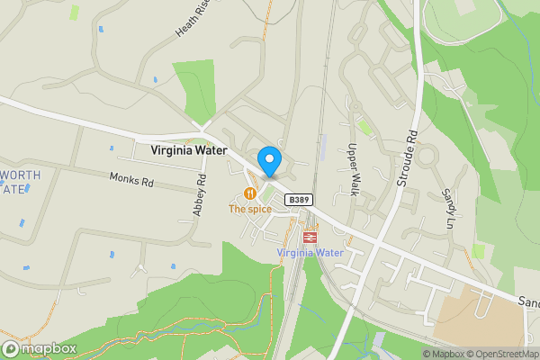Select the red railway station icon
(310, 238)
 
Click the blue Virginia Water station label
(310, 253)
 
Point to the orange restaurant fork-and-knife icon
(249, 193)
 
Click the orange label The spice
(249, 209)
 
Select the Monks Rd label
(132, 181)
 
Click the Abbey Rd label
(200, 194)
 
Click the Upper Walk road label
(353, 169)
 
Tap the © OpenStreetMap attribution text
(496, 354)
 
